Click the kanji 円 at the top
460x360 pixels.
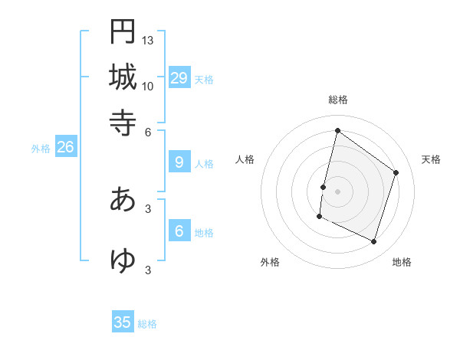(x=123, y=32)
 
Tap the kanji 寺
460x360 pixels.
(x=123, y=122)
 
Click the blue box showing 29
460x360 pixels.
(x=179, y=78)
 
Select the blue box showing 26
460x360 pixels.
(x=66, y=148)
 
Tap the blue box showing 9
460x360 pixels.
(x=179, y=162)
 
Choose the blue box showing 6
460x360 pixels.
(x=179, y=232)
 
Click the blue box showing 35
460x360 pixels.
(x=123, y=322)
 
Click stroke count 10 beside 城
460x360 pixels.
(x=148, y=86)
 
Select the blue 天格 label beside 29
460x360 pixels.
(x=204, y=79)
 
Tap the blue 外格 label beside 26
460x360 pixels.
(x=41, y=149)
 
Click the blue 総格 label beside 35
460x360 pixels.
(x=147, y=324)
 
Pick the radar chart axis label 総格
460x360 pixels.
(x=337, y=100)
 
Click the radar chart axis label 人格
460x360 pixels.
(x=245, y=159)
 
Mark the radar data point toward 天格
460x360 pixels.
(x=396, y=172)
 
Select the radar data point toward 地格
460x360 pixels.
(x=374, y=242)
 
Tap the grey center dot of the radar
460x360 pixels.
(x=337, y=191)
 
